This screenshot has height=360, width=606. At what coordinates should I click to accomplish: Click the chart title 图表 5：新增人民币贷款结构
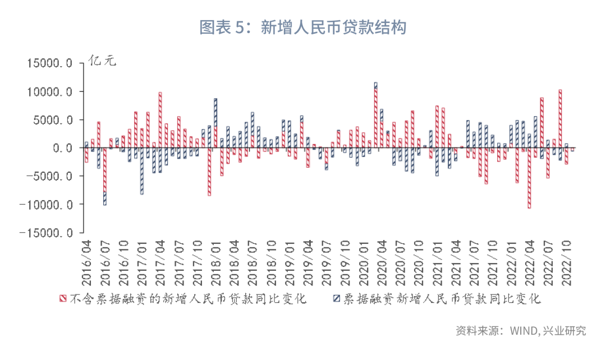[303, 27]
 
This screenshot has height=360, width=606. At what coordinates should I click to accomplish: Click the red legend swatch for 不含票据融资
[63, 298]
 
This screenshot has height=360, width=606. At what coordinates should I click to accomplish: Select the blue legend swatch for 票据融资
[337, 298]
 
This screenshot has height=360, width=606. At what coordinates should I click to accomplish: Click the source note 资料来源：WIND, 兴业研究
[520, 330]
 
